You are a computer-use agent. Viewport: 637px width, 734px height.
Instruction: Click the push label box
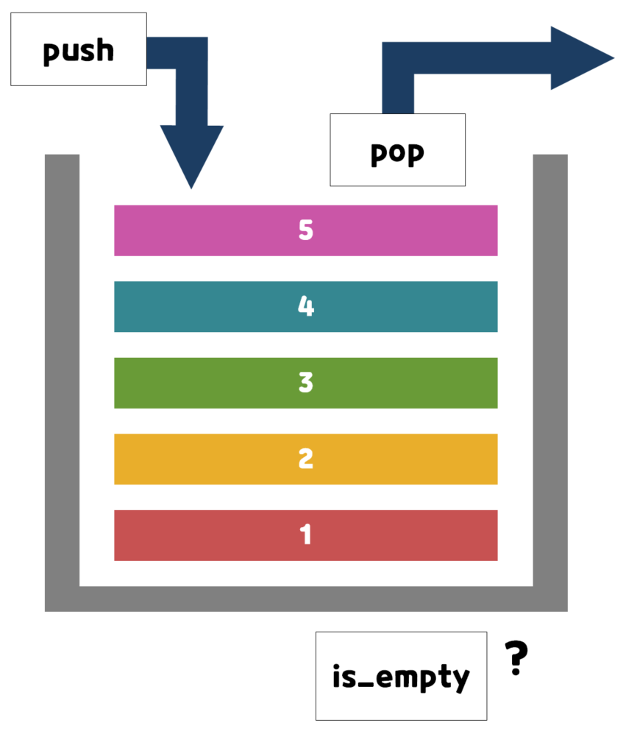(78, 49)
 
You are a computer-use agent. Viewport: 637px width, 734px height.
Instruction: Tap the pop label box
(397, 149)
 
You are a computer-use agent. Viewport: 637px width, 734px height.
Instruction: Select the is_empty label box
(401, 675)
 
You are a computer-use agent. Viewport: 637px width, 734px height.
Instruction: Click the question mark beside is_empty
(516, 658)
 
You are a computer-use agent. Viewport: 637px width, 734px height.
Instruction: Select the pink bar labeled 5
(221, 230)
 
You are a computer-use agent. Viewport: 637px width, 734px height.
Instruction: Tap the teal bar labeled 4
(221, 306)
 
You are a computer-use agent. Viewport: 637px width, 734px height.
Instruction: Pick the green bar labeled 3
(221, 383)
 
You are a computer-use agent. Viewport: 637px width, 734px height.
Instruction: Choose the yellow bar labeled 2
(221, 459)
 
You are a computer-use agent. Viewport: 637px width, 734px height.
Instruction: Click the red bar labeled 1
(221, 535)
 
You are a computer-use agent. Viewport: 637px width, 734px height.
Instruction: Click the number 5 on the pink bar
(306, 230)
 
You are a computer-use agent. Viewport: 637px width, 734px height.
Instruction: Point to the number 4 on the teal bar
(306, 306)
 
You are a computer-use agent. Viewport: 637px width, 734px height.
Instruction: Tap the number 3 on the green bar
(306, 383)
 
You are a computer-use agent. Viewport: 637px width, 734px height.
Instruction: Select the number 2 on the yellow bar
(306, 459)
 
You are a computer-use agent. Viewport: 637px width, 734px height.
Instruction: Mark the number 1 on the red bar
(306, 535)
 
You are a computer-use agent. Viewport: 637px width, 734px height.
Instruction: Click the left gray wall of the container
(62, 368)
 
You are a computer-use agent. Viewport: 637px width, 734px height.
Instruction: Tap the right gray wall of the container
(550, 368)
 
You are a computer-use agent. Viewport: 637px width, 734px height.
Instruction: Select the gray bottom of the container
(306, 599)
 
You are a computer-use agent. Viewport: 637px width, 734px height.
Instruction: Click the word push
(78, 52)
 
